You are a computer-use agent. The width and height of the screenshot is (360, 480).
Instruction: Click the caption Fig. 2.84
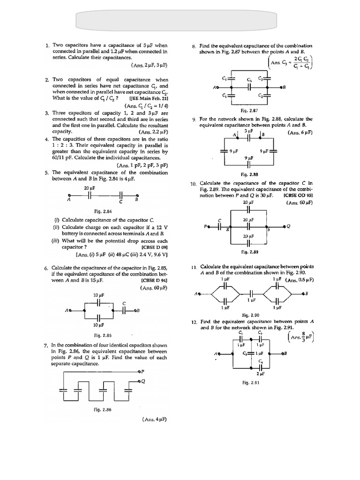[x=101, y=211]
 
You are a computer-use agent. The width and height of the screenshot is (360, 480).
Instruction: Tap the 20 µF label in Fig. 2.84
[x=90, y=188]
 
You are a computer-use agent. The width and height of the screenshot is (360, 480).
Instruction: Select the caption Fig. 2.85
[x=103, y=335]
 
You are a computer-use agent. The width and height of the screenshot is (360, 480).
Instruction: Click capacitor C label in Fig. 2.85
[x=124, y=304]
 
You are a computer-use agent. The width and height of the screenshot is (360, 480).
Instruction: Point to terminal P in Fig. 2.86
[x=142, y=371]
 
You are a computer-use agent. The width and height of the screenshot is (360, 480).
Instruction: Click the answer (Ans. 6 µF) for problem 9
[x=300, y=133]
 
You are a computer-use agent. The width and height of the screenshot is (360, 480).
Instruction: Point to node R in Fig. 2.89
[x=228, y=230]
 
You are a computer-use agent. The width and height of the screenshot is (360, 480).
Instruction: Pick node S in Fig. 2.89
[x=268, y=230]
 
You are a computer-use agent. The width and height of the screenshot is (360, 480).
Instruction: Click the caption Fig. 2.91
[x=251, y=382]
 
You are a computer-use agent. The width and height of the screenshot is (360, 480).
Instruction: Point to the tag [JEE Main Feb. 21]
[x=149, y=99]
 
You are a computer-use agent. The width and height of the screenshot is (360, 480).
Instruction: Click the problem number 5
[x=47, y=173]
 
